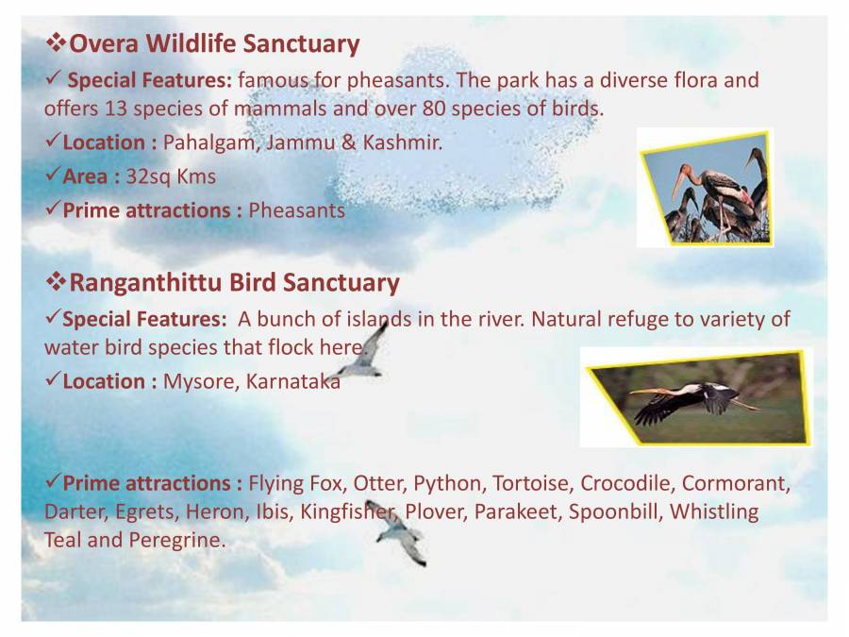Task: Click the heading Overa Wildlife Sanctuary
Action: click(215, 43)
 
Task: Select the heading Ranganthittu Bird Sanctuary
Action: click(235, 282)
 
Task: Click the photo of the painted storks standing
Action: click(706, 188)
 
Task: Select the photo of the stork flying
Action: click(696, 396)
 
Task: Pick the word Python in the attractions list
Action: click(446, 483)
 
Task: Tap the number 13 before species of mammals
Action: click(117, 108)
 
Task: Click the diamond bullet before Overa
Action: click(56, 43)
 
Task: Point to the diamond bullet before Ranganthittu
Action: click(56, 282)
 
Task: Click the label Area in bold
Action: click(85, 176)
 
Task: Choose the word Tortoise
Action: click(530, 483)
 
